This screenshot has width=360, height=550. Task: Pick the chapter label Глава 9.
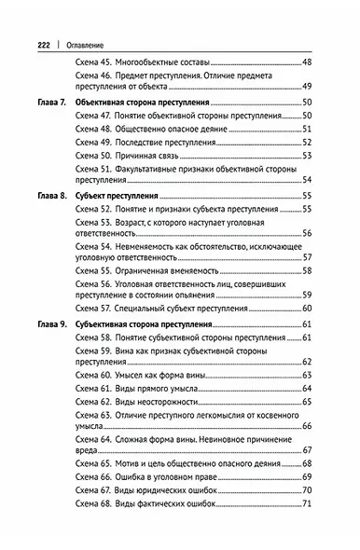(50, 323)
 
